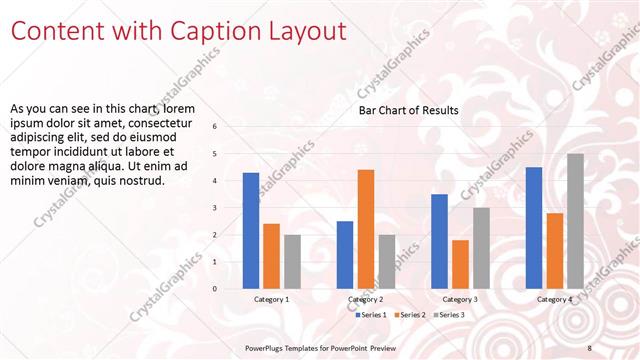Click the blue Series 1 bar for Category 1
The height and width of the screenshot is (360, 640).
(251, 231)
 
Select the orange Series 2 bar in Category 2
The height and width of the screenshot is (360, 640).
(365, 229)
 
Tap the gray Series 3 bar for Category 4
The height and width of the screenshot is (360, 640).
(575, 221)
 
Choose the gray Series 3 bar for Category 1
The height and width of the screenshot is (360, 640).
(291, 262)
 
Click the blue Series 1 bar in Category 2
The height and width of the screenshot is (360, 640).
(345, 255)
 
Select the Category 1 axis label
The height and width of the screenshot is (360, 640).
(271, 299)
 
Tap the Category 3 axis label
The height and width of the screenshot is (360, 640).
(460, 299)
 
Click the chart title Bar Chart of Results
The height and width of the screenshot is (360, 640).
(409, 110)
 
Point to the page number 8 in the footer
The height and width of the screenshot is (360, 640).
(589, 347)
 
